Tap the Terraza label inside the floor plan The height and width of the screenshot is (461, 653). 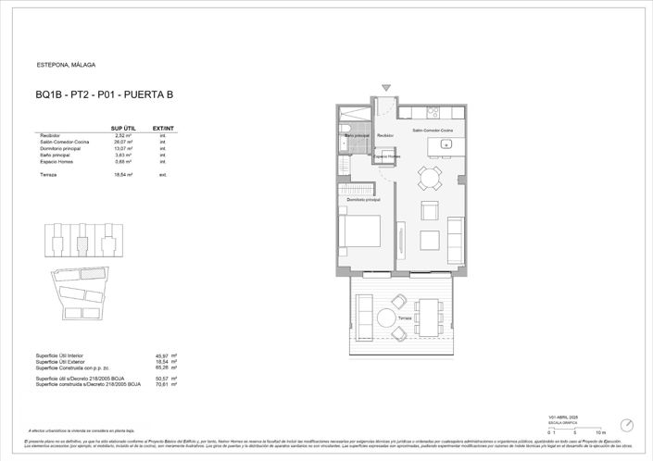point(404,318)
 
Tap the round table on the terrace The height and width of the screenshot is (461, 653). point(387,318)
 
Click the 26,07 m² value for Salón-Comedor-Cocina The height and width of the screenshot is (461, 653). point(123,142)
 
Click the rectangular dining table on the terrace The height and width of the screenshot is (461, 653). point(429,318)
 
